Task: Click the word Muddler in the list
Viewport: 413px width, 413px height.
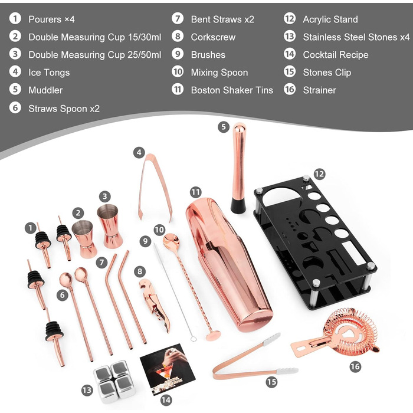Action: click(45, 90)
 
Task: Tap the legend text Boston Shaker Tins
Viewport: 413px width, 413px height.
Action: click(232, 90)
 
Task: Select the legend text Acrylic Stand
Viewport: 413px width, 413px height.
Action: click(330, 19)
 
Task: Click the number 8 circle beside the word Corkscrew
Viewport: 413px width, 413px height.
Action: click(178, 37)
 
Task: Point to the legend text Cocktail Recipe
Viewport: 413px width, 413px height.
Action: click(336, 55)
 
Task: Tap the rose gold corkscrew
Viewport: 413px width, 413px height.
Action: click(155, 305)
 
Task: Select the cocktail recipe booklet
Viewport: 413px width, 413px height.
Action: click(168, 369)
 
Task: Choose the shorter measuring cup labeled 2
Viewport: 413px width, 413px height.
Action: click(84, 238)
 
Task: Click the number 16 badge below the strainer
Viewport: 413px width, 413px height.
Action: click(355, 366)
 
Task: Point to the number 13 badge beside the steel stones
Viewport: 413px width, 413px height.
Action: click(87, 390)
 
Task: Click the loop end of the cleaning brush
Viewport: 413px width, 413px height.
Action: click(194, 338)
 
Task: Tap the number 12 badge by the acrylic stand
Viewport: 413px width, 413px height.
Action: click(320, 174)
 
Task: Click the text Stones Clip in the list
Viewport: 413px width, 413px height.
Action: click(327, 73)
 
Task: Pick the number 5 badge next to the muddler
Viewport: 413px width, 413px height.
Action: click(224, 127)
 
